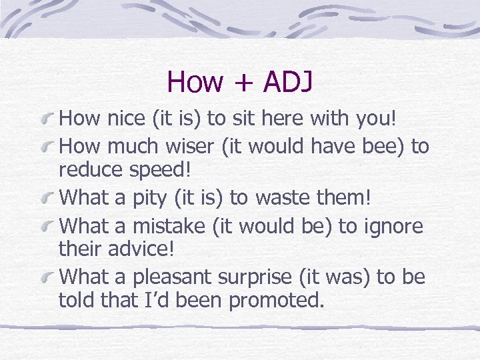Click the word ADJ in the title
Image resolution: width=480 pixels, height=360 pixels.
click(288, 82)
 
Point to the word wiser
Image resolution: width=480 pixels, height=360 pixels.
click(179, 146)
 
